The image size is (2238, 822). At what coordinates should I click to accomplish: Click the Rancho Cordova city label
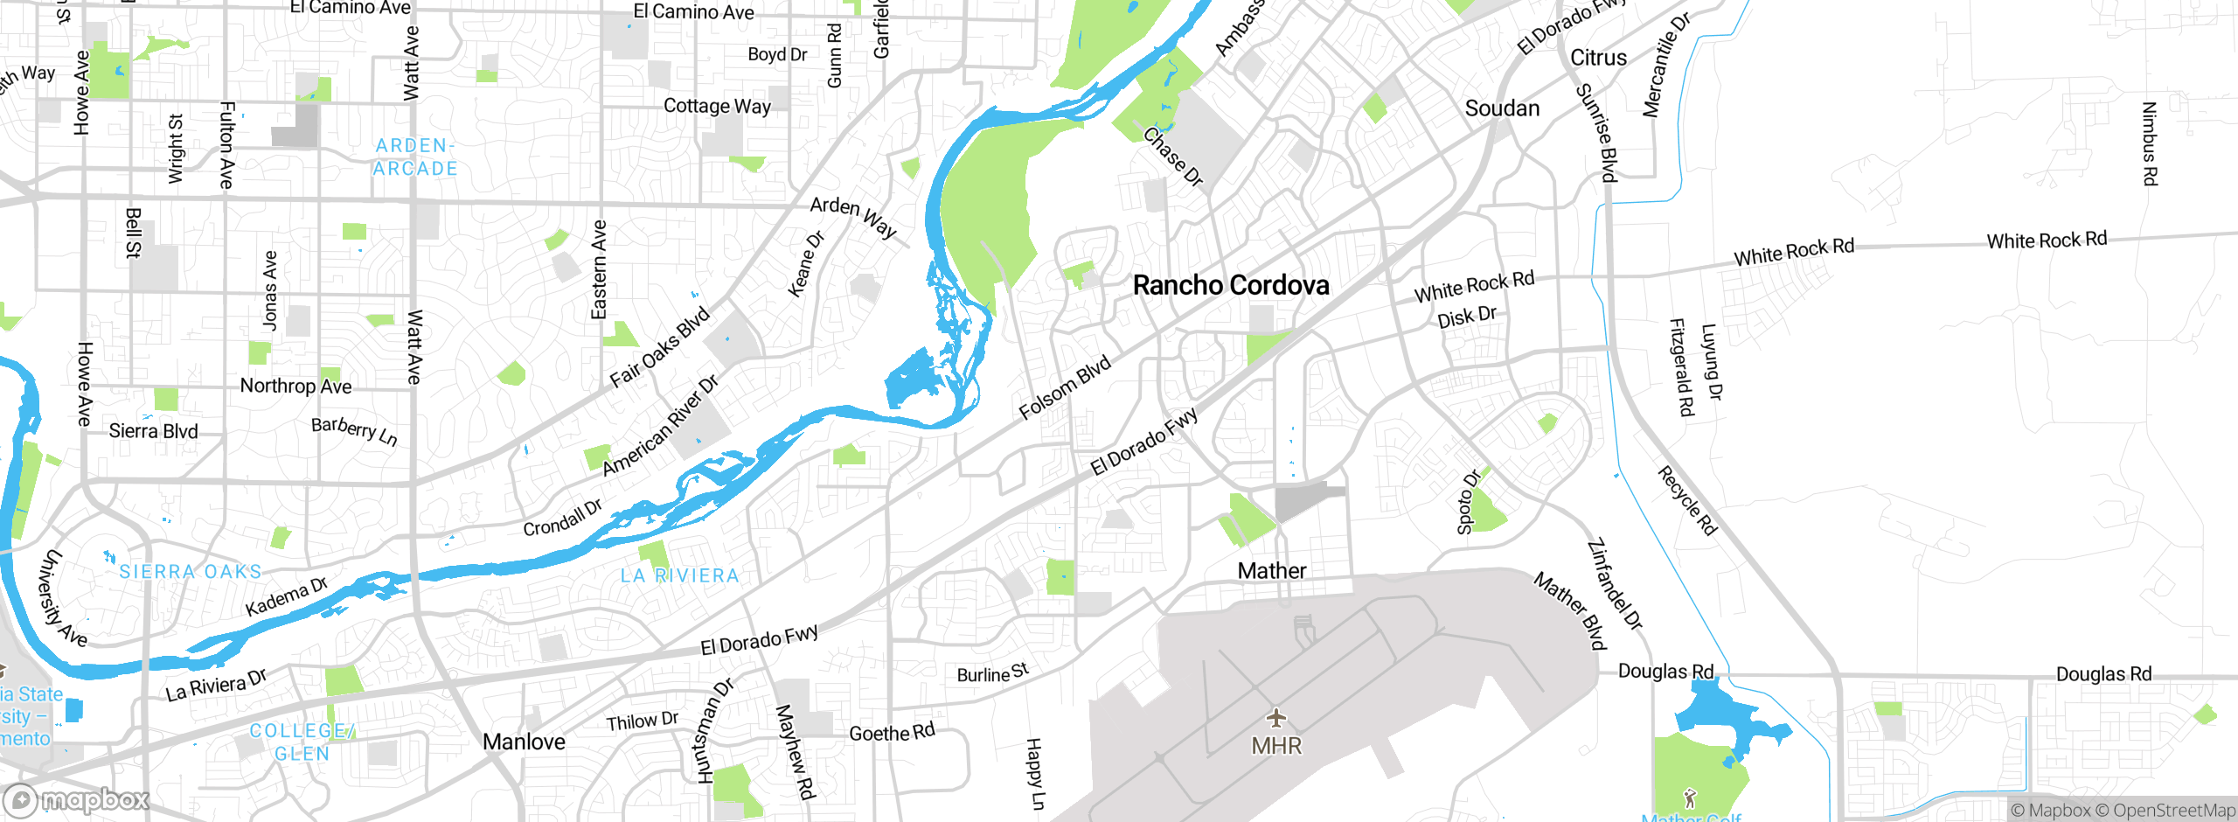coord(1231,285)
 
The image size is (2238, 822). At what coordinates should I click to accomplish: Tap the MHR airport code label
coord(1276,746)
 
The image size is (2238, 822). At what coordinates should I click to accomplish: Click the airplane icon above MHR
coord(1276,719)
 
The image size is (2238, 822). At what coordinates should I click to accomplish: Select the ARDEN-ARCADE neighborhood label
coord(415,157)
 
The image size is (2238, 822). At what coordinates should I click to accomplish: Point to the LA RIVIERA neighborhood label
coord(679,575)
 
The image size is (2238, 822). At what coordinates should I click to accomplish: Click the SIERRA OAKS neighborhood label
coord(191,572)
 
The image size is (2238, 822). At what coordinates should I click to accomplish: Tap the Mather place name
coord(1272,571)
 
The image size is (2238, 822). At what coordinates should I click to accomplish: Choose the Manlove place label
coord(524,742)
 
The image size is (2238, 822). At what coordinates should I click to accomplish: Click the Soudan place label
coord(1502,108)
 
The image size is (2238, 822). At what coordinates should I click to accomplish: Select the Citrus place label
coord(1598,58)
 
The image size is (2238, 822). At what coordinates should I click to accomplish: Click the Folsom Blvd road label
coord(1065,387)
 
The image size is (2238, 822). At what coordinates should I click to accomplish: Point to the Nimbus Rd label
coord(2150,144)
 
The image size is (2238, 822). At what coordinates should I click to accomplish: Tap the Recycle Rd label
coord(1687,501)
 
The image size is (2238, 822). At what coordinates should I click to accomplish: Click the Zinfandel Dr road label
coord(1615,584)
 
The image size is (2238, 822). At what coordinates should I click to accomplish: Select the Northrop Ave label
coord(295,386)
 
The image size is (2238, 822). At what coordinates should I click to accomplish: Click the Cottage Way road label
coord(717,106)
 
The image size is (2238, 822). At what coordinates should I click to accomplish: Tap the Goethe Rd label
coord(892,733)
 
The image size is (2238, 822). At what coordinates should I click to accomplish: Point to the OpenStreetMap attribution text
coord(2173,811)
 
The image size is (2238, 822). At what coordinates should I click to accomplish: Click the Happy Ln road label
coord(1034,774)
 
